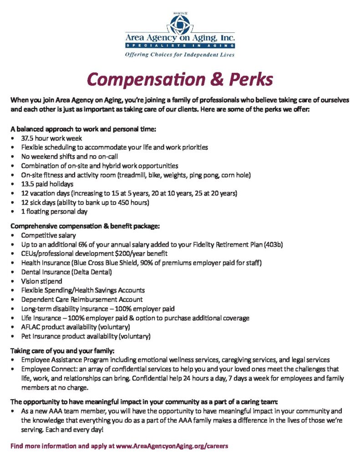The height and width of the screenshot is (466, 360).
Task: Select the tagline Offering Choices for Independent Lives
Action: pyautogui.click(x=180, y=55)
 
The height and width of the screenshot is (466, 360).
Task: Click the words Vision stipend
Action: pyautogui.click(x=41, y=281)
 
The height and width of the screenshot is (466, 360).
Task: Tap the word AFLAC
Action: pyautogui.click(x=31, y=327)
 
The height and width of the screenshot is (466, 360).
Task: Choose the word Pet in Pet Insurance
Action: pyautogui.click(x=26, y=336)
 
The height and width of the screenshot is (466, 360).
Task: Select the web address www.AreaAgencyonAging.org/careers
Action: pyautogui.click(x=172, y=446)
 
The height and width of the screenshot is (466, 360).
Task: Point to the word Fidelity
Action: pyautogui.click(x=178, y=244)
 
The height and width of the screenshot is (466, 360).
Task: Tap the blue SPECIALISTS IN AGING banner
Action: pyautogui.click(x=180, y=46)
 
